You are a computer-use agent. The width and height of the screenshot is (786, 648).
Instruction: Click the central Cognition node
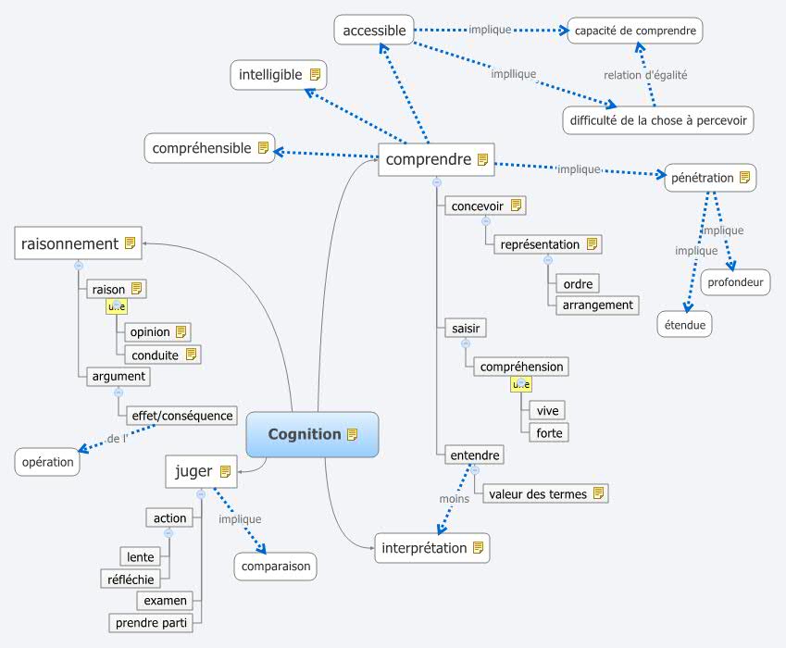312,434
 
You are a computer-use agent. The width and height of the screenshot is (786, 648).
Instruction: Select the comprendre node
436,159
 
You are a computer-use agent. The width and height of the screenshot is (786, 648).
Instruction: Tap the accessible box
374,31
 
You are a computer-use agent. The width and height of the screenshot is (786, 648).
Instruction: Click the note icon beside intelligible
315,74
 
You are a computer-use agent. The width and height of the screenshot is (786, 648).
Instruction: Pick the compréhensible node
209,148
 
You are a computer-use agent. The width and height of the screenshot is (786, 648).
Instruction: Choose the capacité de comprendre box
634,31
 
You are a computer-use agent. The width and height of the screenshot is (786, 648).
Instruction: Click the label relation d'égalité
645,75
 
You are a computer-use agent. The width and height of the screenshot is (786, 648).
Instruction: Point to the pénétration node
710,177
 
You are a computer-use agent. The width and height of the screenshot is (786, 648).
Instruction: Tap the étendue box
685,325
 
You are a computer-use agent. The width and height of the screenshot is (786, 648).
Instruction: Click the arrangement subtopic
597,305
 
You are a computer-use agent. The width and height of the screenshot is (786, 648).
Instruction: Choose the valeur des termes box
545,493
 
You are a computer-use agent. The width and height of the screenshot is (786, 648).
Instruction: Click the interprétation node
431,547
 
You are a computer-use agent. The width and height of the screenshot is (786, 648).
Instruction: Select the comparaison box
275,566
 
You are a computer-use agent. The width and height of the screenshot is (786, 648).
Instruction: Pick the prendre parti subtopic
151,623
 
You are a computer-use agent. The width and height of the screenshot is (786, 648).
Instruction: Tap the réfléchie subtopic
131,579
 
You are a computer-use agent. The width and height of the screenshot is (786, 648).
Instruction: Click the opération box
47,462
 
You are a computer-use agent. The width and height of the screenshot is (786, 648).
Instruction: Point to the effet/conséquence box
181,416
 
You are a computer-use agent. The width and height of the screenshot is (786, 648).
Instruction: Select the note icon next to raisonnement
130,243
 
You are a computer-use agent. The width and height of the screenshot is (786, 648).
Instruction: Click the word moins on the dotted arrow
454,498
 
